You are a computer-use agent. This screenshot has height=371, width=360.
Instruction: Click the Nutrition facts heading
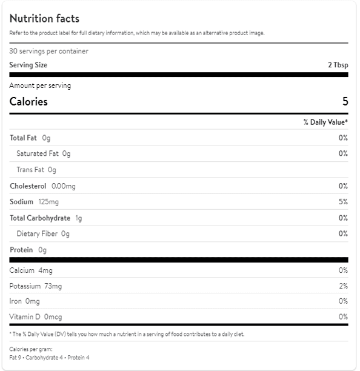pyautogui.click(x=44, y=18)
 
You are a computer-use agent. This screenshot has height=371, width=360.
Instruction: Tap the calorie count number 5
pyautogui.click(x=345, y=101)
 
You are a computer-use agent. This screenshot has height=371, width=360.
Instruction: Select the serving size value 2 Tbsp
pyautogui.click(x=338, y=65)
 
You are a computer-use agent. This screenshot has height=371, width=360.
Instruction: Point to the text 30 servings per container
pyautogui.click(x=48, y=51)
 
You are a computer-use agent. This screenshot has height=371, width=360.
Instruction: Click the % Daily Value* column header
pyautogui.click(x=325, y=122)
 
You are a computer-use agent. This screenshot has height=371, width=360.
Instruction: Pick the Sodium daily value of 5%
pyautogui.click(x=343, y=202)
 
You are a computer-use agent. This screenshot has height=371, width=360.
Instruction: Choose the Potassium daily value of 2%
pyautogui.click(x=343, y=286)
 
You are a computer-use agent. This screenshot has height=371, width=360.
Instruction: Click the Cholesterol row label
pyautogui.click(x=28, y=186)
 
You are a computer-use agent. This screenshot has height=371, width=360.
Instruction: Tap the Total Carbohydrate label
pyautogui.click(x=40, y=218)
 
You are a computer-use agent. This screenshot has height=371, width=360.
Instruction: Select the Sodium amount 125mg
pyautogui.click(x=48, y=202)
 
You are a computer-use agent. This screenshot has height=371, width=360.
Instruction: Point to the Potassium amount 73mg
pyautogui.click(x=53, y=286)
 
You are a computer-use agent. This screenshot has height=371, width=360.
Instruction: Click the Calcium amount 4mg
pyautogui.click(x=45, y=270)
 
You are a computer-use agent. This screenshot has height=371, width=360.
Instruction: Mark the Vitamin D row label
pyautogui.click(x=25, y=316)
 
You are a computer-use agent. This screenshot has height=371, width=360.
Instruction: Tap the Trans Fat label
pyautogui.click(x=30, y=170)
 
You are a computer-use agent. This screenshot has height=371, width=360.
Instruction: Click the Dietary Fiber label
pyautogui.click(x=37, y=234)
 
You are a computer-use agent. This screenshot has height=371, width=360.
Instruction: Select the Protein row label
pyautogui.click(x=21, y=250)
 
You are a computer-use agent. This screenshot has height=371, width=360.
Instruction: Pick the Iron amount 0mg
pyautogui.click(x=32, y=301)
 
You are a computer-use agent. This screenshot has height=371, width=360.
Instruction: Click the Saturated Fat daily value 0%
pyautogui.click(x=343, y=153)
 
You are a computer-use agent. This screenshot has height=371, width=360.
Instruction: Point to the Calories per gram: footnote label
pyautogui.click(x=31, y=349)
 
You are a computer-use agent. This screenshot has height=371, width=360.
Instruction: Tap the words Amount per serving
pyautogui.click(x=40, y=85)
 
